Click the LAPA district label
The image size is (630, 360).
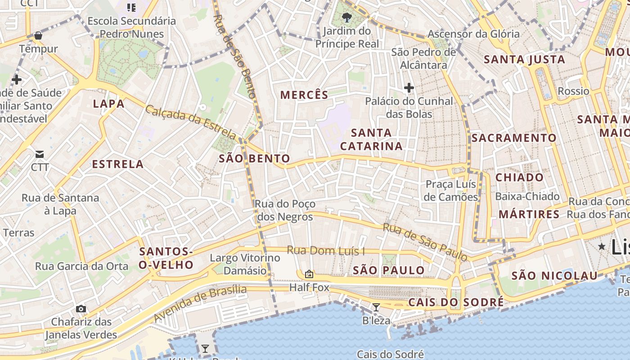tap(108, 104)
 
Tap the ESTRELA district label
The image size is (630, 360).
tap(118, 164)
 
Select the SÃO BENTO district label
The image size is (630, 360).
tap(254, 158)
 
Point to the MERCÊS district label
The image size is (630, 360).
tap(304, 95)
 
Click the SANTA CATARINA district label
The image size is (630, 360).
tap(371, 139)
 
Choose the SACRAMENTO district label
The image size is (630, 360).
tap(514, 138)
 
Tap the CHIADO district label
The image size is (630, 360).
tap(519, 178)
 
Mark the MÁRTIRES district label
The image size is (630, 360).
tap(529, 214)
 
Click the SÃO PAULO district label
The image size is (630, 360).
tap(389, 270)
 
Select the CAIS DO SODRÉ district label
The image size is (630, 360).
tap(456, 302)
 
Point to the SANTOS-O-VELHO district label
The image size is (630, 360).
tap(166, 258)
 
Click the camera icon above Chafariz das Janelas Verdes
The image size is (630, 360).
tap(81, 309)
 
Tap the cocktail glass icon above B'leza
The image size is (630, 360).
tap(376, 307)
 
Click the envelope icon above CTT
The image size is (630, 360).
tap(40, 154)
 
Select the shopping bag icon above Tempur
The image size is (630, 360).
tap(38, 35)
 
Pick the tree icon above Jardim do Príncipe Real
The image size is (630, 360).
tap(346, 18)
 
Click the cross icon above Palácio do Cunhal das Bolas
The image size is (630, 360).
tap(409, 87)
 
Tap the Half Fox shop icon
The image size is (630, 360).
tap(309, 274)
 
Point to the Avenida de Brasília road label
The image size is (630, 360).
tap(200, 303)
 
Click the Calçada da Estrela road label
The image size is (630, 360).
tap(191, 122)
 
